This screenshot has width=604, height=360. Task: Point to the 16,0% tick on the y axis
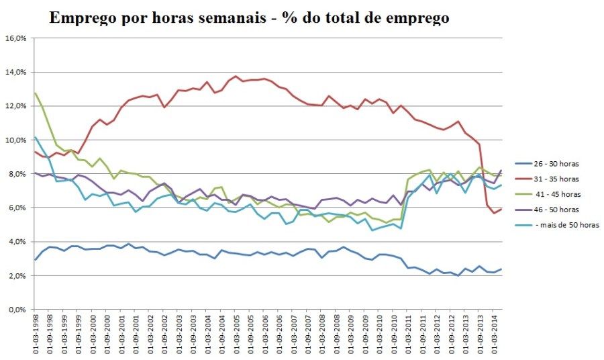point(15,38)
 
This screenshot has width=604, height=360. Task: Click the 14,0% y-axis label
point(15,73)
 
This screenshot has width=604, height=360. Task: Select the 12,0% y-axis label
point(15,106)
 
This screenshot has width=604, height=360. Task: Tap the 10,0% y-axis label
point(15,140)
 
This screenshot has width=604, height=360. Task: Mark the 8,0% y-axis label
point(17,174)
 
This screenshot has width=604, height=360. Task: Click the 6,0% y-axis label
point(17,208)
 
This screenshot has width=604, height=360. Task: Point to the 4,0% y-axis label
point(17,242)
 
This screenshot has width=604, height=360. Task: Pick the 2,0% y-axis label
point(17,276)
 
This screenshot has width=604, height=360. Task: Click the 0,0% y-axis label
point(17,310)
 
